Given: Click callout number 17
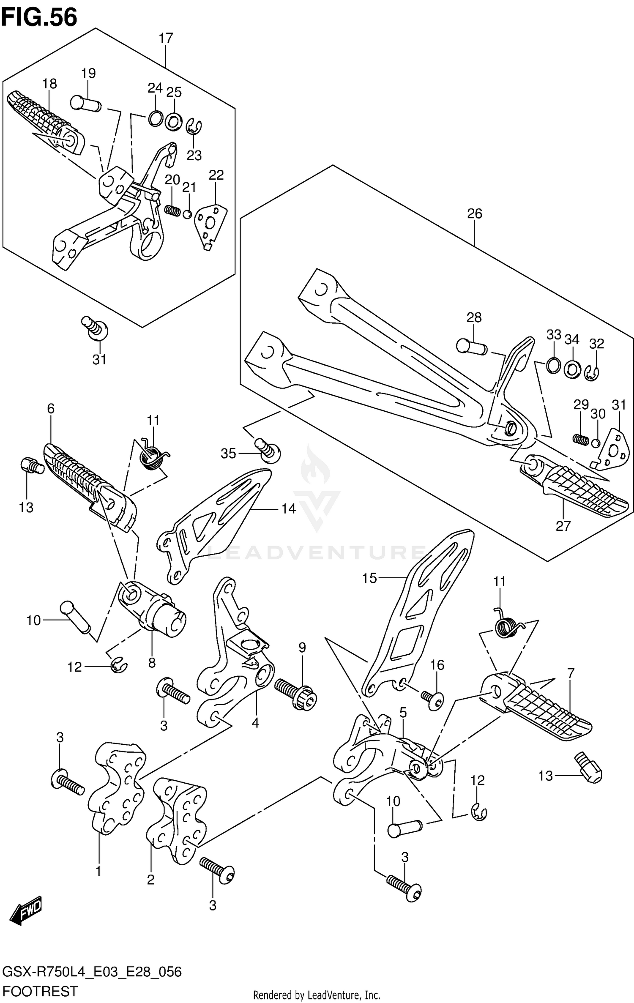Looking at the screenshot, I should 166,38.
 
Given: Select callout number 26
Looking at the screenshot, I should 474,213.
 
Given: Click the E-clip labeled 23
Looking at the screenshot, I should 194,126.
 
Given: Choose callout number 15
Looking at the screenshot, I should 369,578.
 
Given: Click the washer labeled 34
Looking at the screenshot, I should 572,369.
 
